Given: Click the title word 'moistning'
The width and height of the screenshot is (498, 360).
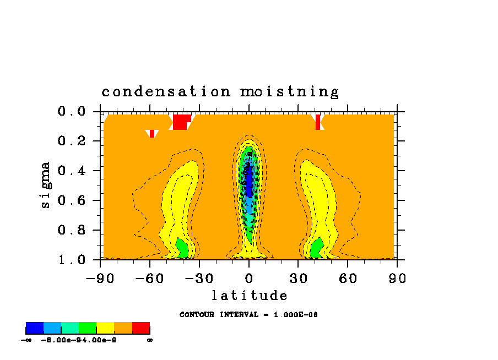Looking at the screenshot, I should pyautogui.click(x=289, y=92).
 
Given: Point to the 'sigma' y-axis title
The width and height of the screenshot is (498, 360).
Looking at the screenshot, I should pyautogui.click(x=46, y=184).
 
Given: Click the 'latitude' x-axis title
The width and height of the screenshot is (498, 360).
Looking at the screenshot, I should pyautogui.click(x=249, y=296).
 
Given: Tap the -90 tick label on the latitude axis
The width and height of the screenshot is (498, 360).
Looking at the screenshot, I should pyautogui.click(x=100, y=279).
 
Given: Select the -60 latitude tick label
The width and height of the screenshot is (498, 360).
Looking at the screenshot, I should pyautogui.click(x=150, y=279).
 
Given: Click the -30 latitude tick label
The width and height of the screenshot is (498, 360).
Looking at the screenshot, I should pyautogui.click(x=199, y=279).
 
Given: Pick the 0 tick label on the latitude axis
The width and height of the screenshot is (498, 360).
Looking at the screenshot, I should pyautogui.click(x=249, y=279).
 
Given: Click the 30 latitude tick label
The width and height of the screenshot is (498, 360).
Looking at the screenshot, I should pyautogui.click(x=298, y=279).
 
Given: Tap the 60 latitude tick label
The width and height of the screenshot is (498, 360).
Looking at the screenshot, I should pyautogui.click(x=348, y=279).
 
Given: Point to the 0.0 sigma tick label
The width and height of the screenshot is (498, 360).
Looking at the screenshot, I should pyautogui.click(x=71, y=112).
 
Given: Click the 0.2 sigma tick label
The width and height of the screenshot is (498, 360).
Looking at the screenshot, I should pyautogui.click(x=71, y=141).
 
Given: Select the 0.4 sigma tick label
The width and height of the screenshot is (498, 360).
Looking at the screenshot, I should pyautogui.click(x=71, y=171).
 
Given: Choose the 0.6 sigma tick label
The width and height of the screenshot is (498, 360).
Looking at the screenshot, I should pyautogui.click(x=71, y=200).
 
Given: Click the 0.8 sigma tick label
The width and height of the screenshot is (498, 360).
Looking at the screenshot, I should pyautogui.click(x=71, y=230).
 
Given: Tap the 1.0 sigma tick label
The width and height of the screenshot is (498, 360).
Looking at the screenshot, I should pyautogui.click(x=71, y=259).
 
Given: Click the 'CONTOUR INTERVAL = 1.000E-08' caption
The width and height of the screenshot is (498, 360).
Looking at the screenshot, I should pyautogui.click(x=248, y=315).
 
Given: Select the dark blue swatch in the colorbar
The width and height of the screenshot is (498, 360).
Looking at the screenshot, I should pyautogui.click(x=35, y=328).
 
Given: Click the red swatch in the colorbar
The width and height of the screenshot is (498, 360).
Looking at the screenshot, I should pyautogui.click(x=141, y=328).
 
